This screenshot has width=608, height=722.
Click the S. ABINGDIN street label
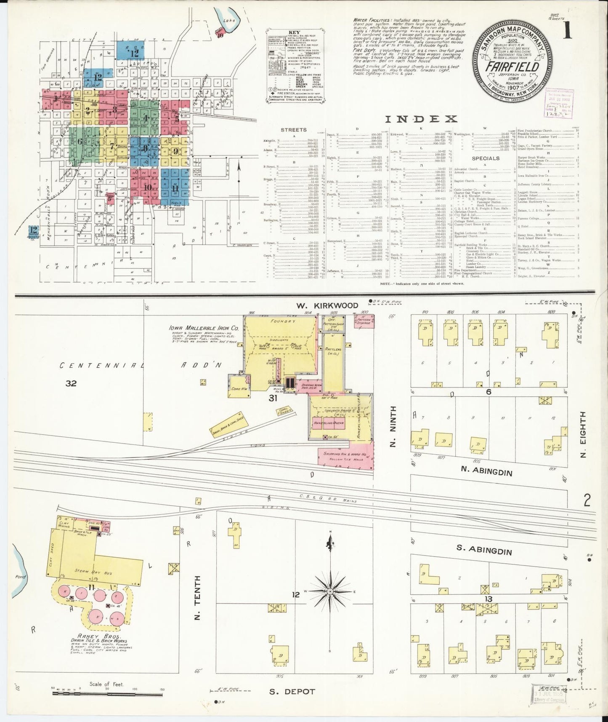(x=484, y=551)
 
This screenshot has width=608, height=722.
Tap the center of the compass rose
(x=330, y=592)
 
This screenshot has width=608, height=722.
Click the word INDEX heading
(x=421, y=119)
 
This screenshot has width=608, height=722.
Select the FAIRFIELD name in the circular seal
(x=512, y=67)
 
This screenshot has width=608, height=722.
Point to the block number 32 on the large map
(x=71, y=383)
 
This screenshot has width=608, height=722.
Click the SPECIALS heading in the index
(x=486, y=158)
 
